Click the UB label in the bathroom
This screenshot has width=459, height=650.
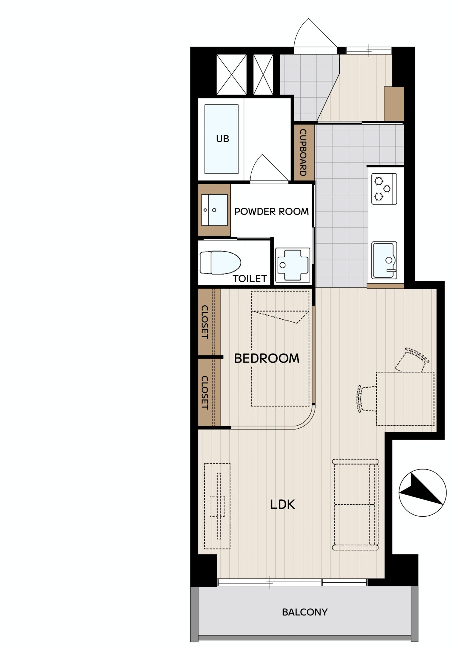pyautogui.click(x=223, y=138)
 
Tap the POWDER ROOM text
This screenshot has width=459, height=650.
pyautogui.click(x=271, y=212)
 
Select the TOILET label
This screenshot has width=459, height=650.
pyautogui.click(x=250, y=279)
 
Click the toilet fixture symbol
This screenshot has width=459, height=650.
pyautogui.click(x=220, y=262)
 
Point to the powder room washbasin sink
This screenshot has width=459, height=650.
pyautogui.click(x=214, y=210)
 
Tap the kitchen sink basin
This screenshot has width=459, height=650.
pyautogui.click(x=384, y=260)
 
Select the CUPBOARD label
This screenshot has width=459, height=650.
pyautogui.click(x=303, y=153)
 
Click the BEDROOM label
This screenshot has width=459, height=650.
pyautogui.click(x=267, y=358)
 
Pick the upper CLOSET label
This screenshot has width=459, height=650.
pyautogui.click(x=205, y=322)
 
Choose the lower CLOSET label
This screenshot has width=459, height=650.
pyautogui.click(x=205, y=392)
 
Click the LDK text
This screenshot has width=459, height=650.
pyautogui.click(x=283, y=504)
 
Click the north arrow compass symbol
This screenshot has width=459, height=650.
pyautogui.click(x=422, y=493)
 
